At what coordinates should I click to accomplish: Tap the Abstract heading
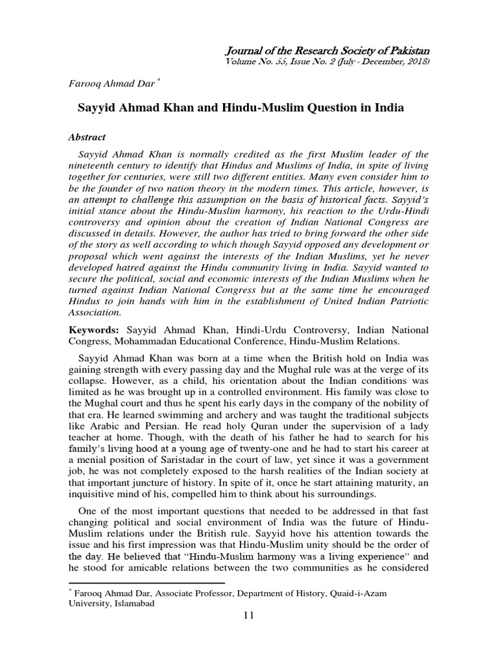87,137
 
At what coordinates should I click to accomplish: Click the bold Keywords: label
95,331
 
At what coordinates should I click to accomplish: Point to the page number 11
249,615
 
